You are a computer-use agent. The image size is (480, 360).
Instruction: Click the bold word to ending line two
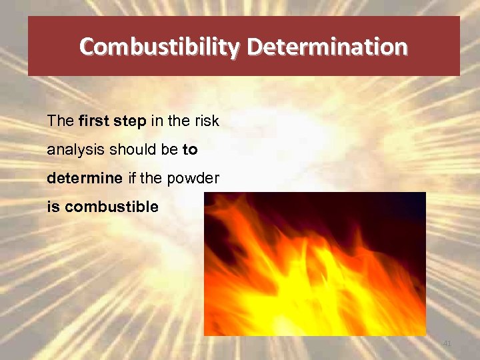pyautogui.click(x=190, y=150)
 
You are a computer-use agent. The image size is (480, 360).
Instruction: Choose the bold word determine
pyautogui.click(x=85, y=178)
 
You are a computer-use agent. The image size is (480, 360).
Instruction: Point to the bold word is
pyautogui.click(x=53, y=207)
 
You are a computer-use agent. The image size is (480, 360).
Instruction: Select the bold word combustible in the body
pyautogui.click(x=111, y=207)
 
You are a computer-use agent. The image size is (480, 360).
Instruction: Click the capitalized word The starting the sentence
pyautogui.click(x=61, y=122)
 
